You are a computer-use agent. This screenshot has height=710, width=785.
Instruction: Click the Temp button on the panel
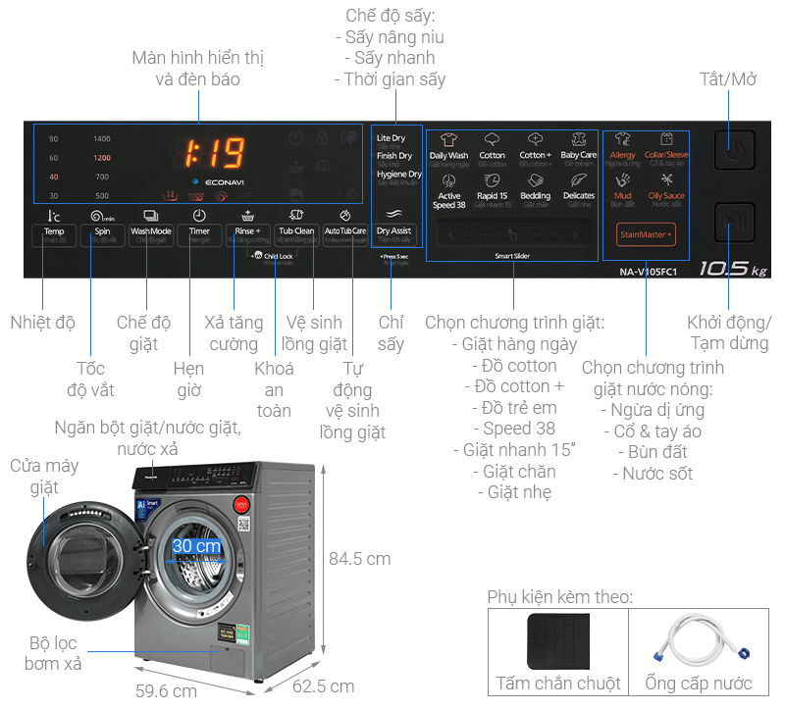[53, 234]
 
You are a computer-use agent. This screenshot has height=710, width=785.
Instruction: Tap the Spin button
[102, 234]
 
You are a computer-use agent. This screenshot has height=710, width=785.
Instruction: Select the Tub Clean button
[296, 234]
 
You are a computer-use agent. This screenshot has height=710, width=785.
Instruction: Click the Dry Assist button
[394, 233]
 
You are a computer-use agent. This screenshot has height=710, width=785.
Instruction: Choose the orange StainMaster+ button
[646, 234]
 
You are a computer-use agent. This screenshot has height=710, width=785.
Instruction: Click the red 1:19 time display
[215, 153]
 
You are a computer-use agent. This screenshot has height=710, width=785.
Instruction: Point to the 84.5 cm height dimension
[359, 559]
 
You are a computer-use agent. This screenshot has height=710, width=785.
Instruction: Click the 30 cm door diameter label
[196, 545]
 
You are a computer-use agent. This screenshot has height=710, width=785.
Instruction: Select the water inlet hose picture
[699, 642]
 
